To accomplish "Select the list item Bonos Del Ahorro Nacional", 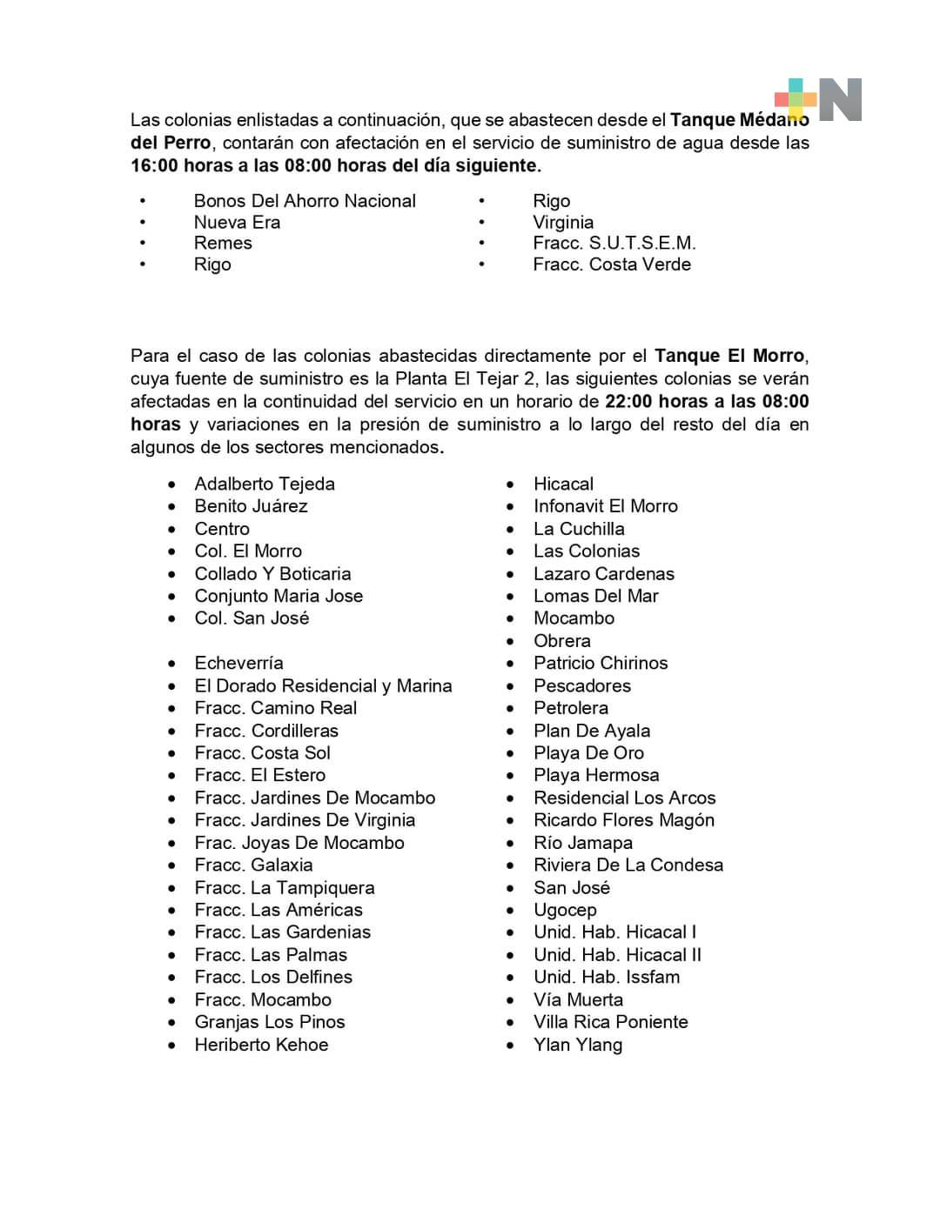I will point(305,201).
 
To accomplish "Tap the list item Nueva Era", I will point(237,223).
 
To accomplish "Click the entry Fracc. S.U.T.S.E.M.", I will point(614,244).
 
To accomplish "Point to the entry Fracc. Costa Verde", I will point(612,264).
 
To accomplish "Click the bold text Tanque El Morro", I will point(729,356).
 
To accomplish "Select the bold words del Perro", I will point(171,143).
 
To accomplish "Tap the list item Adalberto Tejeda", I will point(265,484).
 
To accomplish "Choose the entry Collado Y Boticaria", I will point(272,574).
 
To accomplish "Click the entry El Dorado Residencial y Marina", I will point(323,686).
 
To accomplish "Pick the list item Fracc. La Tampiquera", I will point(285,888).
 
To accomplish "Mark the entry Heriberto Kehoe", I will point(261,1045).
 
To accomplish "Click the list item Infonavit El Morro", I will point(605,506).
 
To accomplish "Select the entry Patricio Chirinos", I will point(601,663).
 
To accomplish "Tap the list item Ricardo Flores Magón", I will point(623,820).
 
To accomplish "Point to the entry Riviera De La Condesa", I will point(628,865).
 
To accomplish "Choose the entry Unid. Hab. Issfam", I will point(606,977).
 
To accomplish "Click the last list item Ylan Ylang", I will point(577,1045).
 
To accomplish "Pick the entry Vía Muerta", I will point(578,1000).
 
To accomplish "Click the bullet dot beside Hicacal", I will point(511,484).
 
